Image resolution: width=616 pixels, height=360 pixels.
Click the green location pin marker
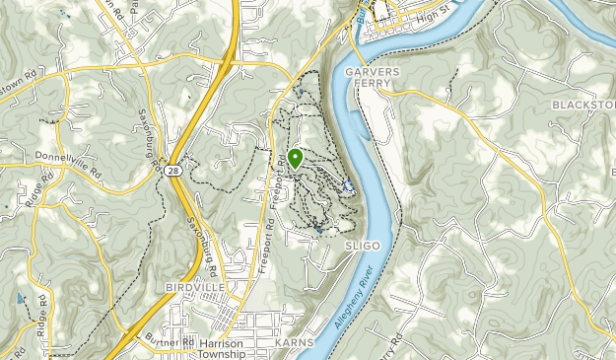pyautogui.click(x=295, y=158)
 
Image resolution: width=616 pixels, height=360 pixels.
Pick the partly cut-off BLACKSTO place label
pyautogui.click(x=582, y=105)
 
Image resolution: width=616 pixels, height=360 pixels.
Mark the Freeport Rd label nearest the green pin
pyautogui.click(x=281, y=178)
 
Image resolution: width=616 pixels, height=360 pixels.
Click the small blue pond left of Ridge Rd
pyautogui.click(x=19, y=297)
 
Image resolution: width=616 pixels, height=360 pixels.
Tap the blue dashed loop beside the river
pyautogui.click(x=347, y=184)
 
